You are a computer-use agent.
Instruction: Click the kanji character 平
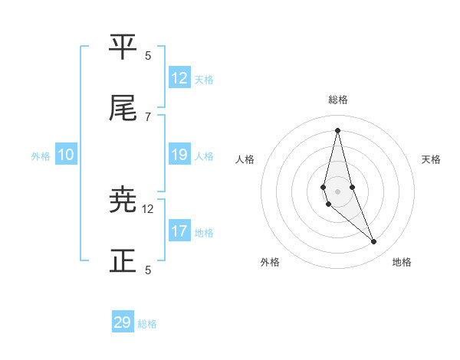[x=123, y=47]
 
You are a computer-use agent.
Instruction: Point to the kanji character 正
[x=123, y=261]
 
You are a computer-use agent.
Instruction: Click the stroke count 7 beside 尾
[x=148, y=116]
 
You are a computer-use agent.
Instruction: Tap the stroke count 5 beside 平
[x=148, y=55]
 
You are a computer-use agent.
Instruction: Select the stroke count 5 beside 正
[x=148, y=270]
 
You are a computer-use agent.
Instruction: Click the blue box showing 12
[x=179, y=78]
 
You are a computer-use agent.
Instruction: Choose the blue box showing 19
[x=179, y=155]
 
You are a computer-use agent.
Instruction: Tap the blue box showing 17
[x=179, y=231]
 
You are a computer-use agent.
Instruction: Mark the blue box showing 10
[x=66, y=155]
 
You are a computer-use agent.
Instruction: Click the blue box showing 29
[x=123, y=322]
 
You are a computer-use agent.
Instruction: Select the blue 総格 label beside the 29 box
[x=147, y=324]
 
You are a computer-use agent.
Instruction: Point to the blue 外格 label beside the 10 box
[x=41, y=156]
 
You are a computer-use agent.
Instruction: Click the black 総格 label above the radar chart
[x=338, y=100]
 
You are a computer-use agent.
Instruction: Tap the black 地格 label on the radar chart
[x=402, y=263]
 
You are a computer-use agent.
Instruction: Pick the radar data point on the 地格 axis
[x=374, y=242]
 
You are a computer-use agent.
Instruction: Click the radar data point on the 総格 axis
[x=337, y=130]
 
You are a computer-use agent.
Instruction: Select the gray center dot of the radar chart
[x=337, y=191]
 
